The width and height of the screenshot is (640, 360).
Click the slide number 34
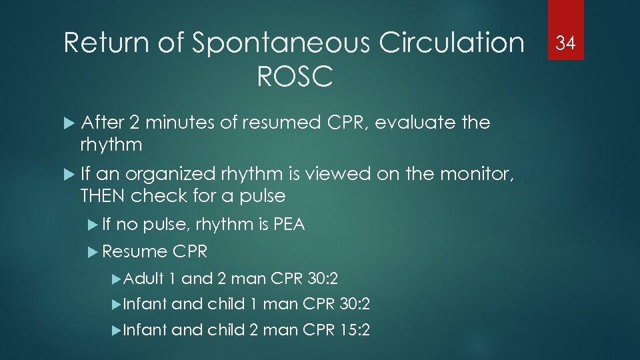565,43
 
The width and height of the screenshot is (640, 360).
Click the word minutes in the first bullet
174,123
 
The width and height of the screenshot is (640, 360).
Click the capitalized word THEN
103,196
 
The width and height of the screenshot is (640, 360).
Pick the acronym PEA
289,225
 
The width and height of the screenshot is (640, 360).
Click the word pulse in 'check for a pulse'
260,196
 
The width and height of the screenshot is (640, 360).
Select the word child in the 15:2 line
226,329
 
